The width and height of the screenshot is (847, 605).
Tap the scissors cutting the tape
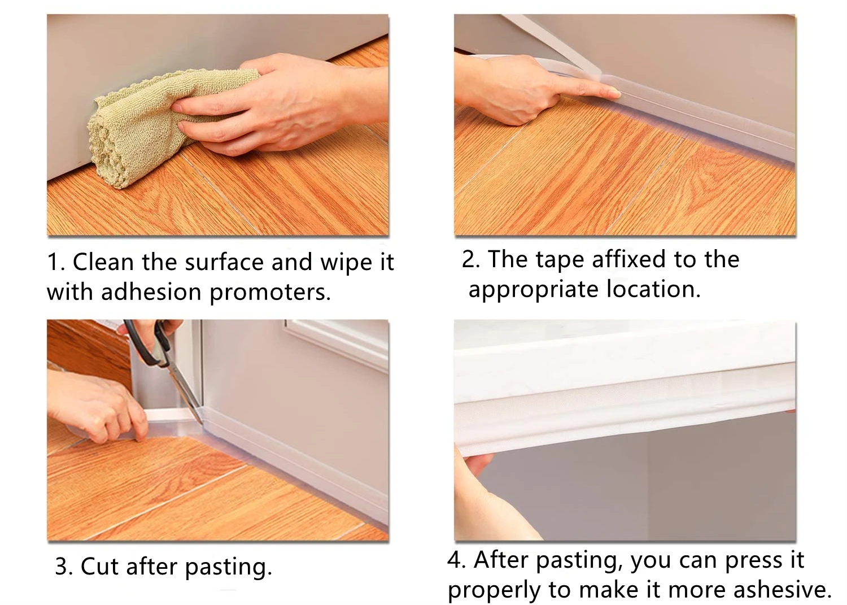(x=163, y=363)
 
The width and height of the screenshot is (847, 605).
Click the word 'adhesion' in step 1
(x=151, y=292)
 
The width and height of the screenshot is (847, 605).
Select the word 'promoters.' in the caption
(x=270, y=293)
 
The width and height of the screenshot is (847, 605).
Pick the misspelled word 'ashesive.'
(x=782, y=590)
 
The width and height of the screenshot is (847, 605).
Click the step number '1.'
(x=56, y=262)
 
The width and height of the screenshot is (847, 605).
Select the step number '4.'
(x=457, y=560)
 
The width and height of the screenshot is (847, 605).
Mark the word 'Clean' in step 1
(x=103, y=262)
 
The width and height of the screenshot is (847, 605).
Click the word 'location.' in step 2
(x=653, y=289)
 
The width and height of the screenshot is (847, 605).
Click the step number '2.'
(x=471, y=259)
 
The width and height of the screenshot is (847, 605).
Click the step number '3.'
(x=64, y=567)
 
